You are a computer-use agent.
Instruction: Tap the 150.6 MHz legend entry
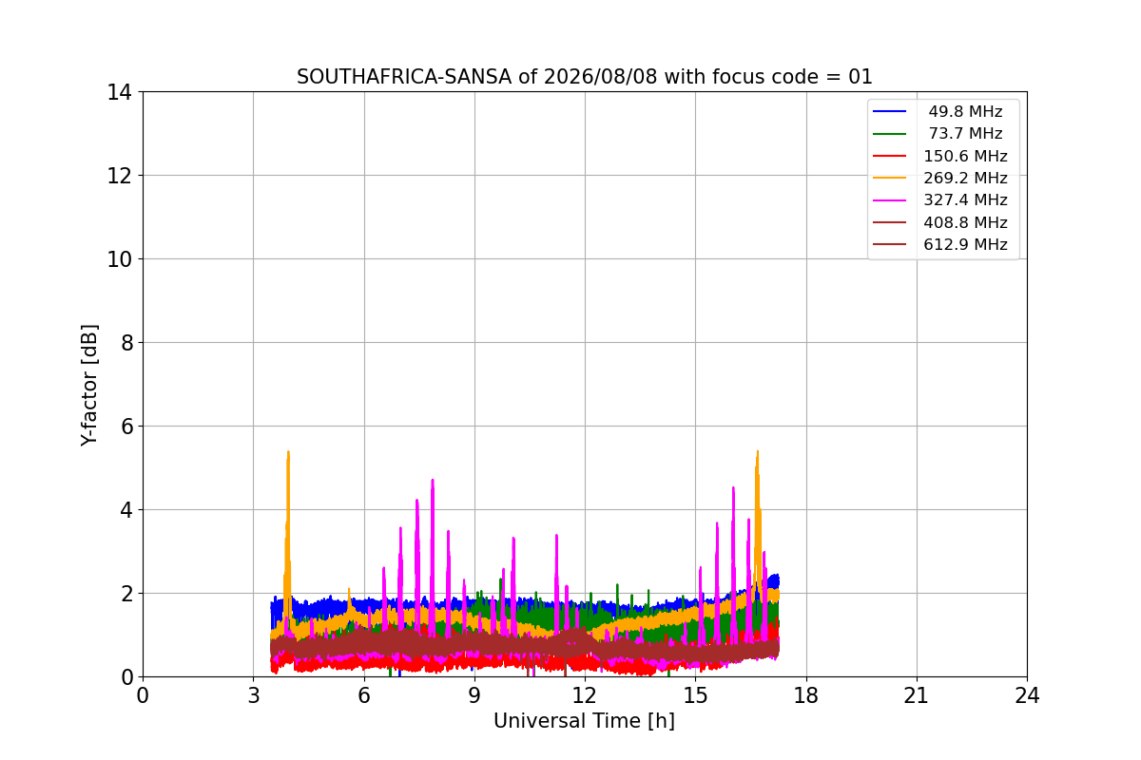click(940, 156)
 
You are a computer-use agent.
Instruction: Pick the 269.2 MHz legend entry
click(940, 178)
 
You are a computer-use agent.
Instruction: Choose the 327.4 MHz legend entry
click(940, 200)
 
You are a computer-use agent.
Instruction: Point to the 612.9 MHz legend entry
click(940, 244)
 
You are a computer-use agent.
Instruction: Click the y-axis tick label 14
click(119, 93)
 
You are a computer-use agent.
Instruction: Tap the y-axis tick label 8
click(126, 343)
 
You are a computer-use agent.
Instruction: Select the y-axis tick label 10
click(119, 259)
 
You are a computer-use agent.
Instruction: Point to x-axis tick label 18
click(806, 695)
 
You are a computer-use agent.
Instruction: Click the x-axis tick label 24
click(1027, 695)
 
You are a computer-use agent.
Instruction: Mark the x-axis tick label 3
click(254, 695)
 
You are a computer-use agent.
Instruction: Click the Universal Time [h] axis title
click(584, 721)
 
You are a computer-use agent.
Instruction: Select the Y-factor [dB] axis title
click(89, 386)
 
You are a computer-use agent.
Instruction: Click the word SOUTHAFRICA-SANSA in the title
click(404, 77)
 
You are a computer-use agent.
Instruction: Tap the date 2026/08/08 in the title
click(601, 77)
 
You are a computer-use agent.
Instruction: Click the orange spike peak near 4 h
click(288, 451)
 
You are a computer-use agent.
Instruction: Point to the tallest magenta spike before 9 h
click(433, 480)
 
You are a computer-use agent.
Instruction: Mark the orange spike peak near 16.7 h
click(758, 451)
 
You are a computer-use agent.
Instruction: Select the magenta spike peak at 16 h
click(733, 487)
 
